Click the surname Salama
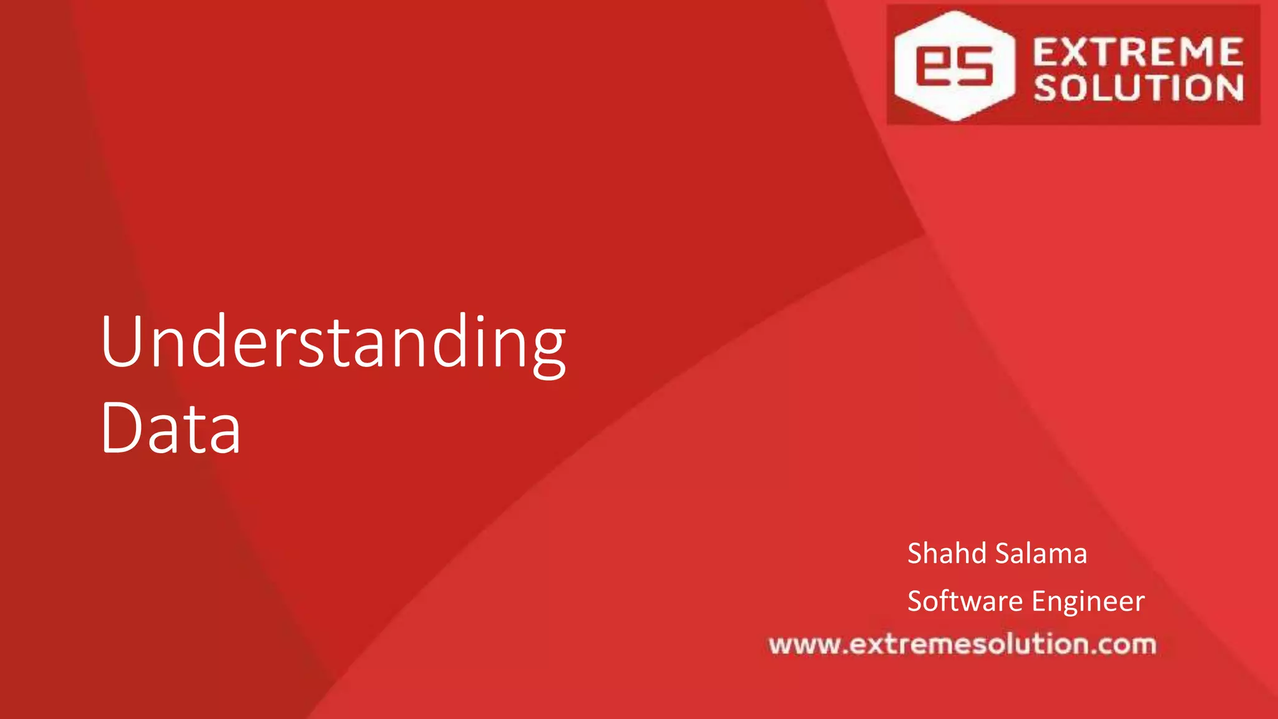pos(1041,554)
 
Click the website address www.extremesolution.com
pos(962,644)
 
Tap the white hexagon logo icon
pos(954,66)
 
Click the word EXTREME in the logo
pos(1138,52)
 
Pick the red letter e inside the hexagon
pos(934,66)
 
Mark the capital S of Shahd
pos(916,554)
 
